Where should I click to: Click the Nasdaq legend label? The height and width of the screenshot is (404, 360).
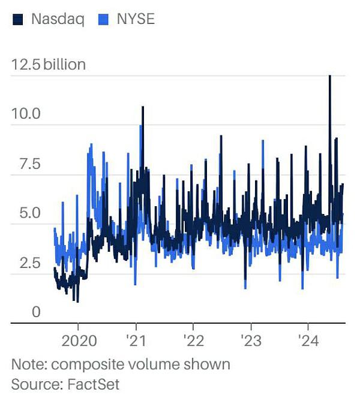[x=57, y=19]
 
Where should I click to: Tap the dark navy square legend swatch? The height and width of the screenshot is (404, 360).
[x=19, y=20]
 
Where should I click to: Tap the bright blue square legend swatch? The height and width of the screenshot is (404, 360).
[x=102, y=20]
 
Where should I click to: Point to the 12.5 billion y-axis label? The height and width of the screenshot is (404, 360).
[x=49, y=64]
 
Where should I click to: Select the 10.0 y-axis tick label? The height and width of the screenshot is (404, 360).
[x=26, y=113]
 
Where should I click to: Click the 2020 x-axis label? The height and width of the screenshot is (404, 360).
[x=79, y=342]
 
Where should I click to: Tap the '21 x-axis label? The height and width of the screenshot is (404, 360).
[x=136, y=342]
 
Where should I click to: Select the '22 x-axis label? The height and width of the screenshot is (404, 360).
[x=193, y=342]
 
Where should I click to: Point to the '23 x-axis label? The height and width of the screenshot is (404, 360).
[x=250, y=342]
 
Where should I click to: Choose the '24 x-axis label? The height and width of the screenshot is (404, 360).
[x=308, y=342]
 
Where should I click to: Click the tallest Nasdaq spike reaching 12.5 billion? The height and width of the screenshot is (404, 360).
[x=329, y=77]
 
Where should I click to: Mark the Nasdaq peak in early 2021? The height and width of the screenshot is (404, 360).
[x=143, y=108]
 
